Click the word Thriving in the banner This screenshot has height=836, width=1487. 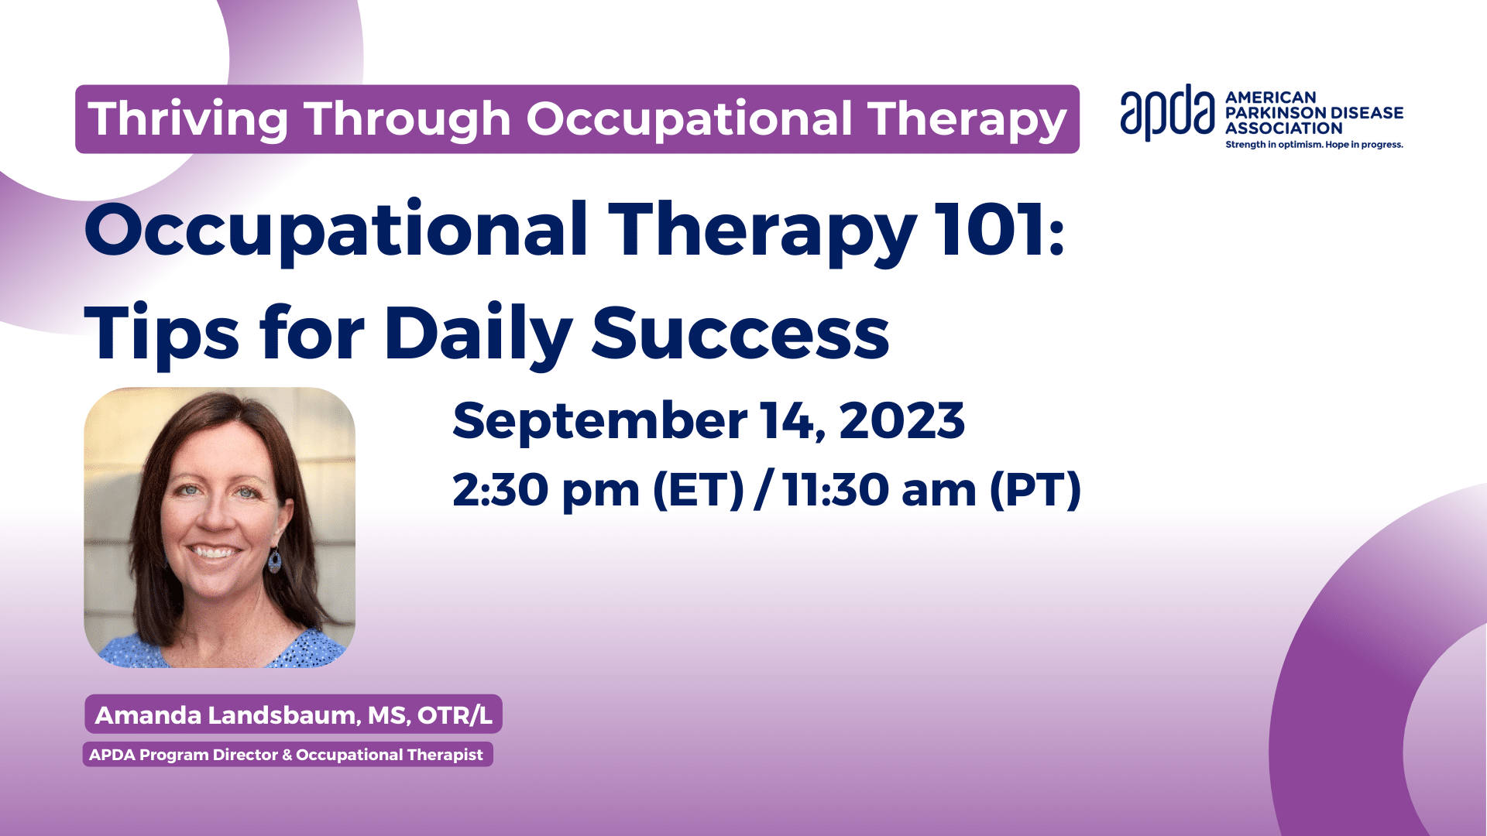(x=189, y=120)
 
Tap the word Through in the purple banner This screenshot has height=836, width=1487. (x=407, y=120)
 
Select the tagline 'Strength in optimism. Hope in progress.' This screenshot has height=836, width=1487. (x=1314, y=145)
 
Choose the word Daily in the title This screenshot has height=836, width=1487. (x=478, y=334)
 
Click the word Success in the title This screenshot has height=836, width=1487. (x=740, y=334)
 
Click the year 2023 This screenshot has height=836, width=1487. (x=901, y=421)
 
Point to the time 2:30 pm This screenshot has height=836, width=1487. (x=547, y=491)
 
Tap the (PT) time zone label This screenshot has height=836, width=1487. (x=1035, y=491)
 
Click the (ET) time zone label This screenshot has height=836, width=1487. (x=699, y=491)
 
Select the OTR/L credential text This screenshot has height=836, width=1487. (x=455, y=715)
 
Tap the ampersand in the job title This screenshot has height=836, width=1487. (x=287, y=755)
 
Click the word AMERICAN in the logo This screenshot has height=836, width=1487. (x=1271, y=98)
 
